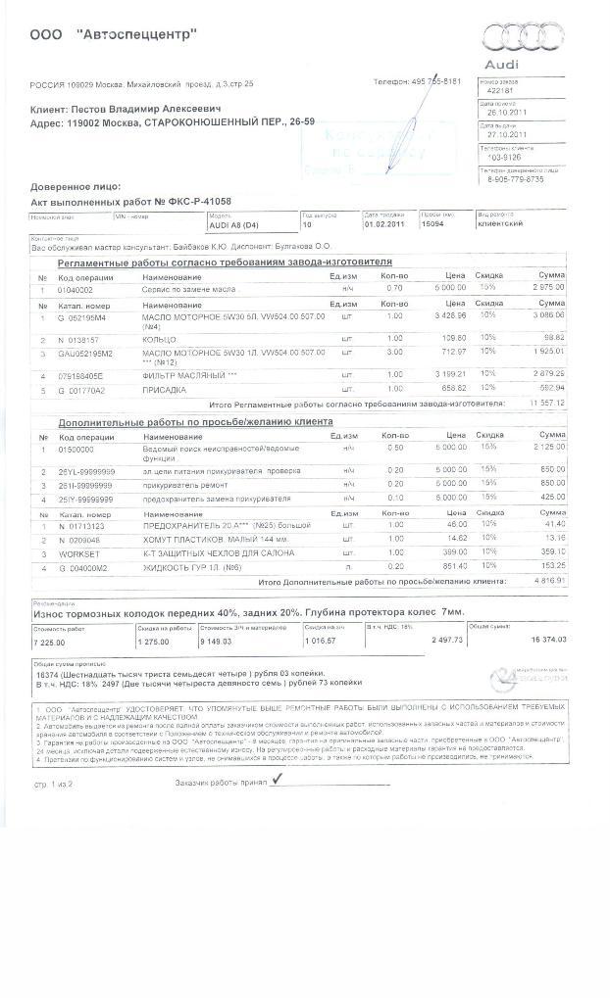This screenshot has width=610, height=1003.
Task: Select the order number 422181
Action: [x=500, y=89]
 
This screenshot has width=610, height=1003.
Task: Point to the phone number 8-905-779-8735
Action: [x=516, y=179]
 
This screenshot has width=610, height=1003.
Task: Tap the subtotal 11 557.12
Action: [x=547, y=403]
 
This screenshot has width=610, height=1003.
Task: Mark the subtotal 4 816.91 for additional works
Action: [x=547, y=580]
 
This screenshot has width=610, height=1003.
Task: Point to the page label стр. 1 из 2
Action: [x=55, y=785]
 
